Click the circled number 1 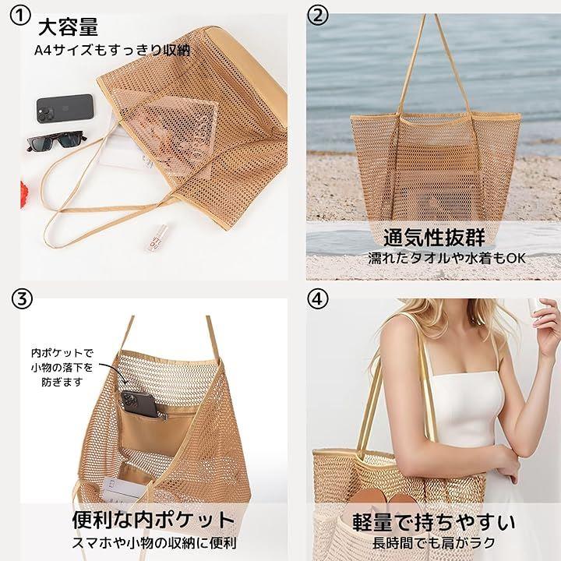click(20, 17)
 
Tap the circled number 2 click(318, 16)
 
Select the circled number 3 click(22, 298)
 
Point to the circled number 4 click(317, 298)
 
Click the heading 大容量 click(68, 27)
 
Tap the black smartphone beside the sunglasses click(65, 108)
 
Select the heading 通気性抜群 click(434, 237)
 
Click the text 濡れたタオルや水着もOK click(447, 258)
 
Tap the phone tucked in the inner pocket click(140, 404)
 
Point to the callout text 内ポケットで click(62, 353)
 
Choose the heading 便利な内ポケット click(153, 519)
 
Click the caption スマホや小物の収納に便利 click(154, 543)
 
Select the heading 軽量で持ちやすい click(434, 522)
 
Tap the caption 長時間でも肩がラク click(434, 543)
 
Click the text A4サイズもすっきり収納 click(112, 50)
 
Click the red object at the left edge click(24, 193)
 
